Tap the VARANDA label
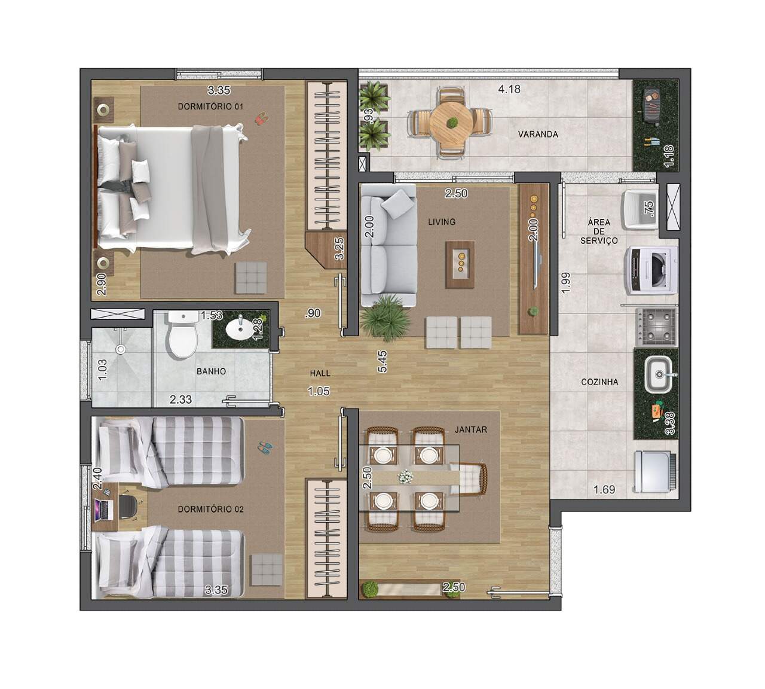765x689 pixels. click(538, 134)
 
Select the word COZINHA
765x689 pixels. click(599, 382)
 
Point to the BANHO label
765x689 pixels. click(211, 371)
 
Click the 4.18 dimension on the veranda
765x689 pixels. click(509, 90)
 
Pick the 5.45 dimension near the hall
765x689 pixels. click(382, 361)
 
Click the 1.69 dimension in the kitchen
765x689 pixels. click(604, 490)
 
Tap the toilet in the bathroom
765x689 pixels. click(183, 334)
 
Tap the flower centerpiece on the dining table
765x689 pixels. click(406, 477)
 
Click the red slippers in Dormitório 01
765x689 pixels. click(259, 120)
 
